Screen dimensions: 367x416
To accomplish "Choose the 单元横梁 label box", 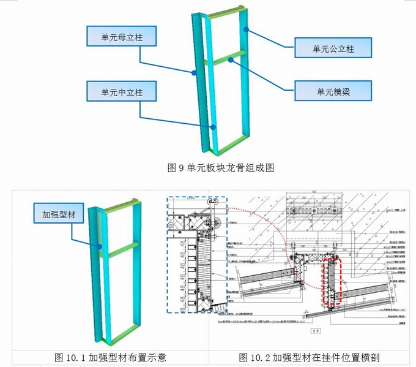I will coord(333,91).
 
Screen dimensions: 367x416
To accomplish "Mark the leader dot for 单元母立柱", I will coord(194,72).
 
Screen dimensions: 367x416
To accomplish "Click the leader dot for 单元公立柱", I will coord(245,29).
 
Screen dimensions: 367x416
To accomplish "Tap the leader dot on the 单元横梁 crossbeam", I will coord(231,59).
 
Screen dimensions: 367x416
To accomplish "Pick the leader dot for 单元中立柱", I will coord(212,127).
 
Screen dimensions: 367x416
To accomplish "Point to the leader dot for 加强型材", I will coord(100,248).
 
